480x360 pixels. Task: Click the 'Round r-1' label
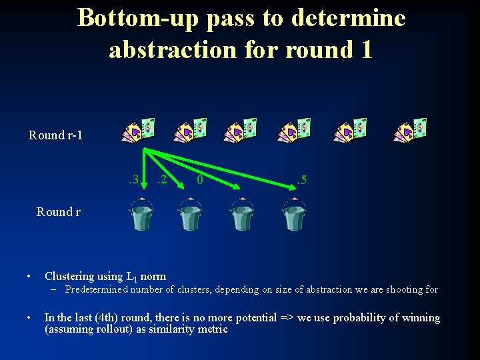(55, 135)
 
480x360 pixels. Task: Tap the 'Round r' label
(58, 212)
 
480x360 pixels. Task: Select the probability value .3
(133, 179)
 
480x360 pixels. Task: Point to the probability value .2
(161, 179)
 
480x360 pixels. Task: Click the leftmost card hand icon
(140, 131)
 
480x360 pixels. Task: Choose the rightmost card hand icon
(410, 131)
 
